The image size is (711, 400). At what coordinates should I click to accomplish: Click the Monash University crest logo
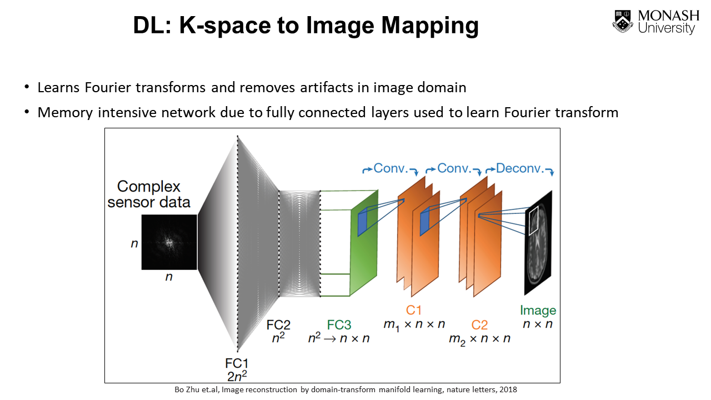623,21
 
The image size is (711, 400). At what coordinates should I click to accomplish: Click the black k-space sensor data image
169,242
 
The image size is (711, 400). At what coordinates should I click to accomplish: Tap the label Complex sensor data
149,194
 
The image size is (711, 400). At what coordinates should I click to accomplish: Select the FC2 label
278,324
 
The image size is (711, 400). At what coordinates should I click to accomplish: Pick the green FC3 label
339,325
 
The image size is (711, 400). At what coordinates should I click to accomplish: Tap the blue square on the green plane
363,222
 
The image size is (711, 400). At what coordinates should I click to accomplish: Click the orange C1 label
414,310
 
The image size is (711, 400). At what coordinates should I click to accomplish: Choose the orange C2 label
479,325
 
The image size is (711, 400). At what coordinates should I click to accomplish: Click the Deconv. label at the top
519,168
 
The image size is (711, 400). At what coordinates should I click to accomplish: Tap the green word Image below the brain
538,311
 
